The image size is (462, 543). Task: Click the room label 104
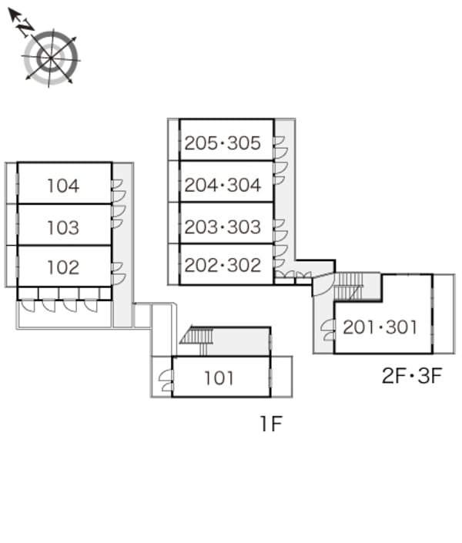[63, 186]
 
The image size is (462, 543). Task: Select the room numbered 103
[63, 227]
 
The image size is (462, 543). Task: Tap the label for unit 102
[63, 267]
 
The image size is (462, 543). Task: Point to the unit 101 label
[219, 378]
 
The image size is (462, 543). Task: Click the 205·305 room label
[223, 143]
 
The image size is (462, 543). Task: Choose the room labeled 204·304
[223, 185]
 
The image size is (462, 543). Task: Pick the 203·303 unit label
[223, 226]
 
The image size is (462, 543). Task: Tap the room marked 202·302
[223, 265]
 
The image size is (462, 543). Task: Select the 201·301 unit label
[380, 327]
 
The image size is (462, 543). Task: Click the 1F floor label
[272, 424]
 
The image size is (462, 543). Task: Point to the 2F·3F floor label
[412, 375]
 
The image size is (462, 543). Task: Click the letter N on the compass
[25, 27]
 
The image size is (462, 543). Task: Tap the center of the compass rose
[51, 58]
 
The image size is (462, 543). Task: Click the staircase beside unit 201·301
[348, 287]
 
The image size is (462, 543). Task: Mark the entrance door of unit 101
[166, 380]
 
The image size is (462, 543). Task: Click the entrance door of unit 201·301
[327, 330]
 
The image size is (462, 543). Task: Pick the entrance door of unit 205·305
[280, 147]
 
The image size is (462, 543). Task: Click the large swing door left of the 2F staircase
[323, 285]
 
